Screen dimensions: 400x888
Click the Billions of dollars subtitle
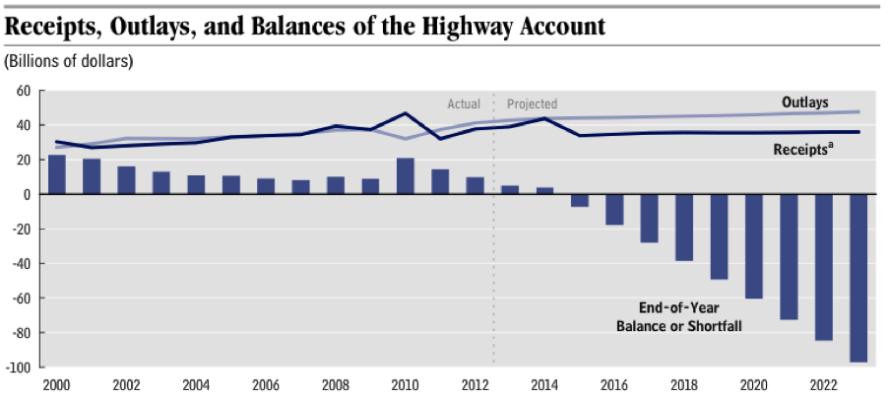69,61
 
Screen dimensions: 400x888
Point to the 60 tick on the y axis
24,91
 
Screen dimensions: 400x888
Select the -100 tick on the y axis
19,367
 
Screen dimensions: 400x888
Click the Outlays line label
805,102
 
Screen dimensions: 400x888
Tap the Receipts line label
803,148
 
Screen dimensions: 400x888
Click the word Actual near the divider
464,103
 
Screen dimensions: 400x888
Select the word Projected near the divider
532,103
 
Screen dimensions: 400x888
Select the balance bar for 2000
57,174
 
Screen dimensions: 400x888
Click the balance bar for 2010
406,176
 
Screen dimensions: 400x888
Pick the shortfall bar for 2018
684,228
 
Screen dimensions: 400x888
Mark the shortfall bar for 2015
580,200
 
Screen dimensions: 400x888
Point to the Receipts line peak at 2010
405,113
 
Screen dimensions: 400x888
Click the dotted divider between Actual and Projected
493,246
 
